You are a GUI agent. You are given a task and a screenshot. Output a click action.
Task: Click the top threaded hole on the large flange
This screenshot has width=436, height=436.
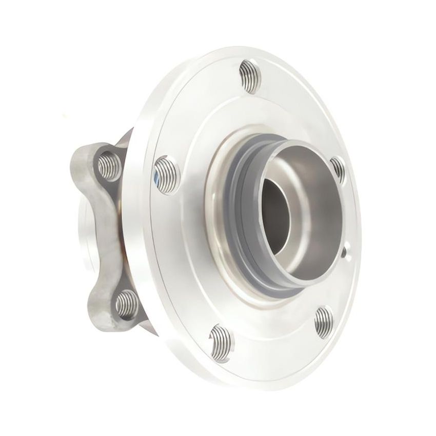250,76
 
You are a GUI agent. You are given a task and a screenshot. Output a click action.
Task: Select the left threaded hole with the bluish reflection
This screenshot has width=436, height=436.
166,175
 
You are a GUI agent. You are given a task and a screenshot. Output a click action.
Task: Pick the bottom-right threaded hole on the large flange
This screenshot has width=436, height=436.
323,322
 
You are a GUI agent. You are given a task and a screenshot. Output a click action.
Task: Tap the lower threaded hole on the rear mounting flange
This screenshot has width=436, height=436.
126,304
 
